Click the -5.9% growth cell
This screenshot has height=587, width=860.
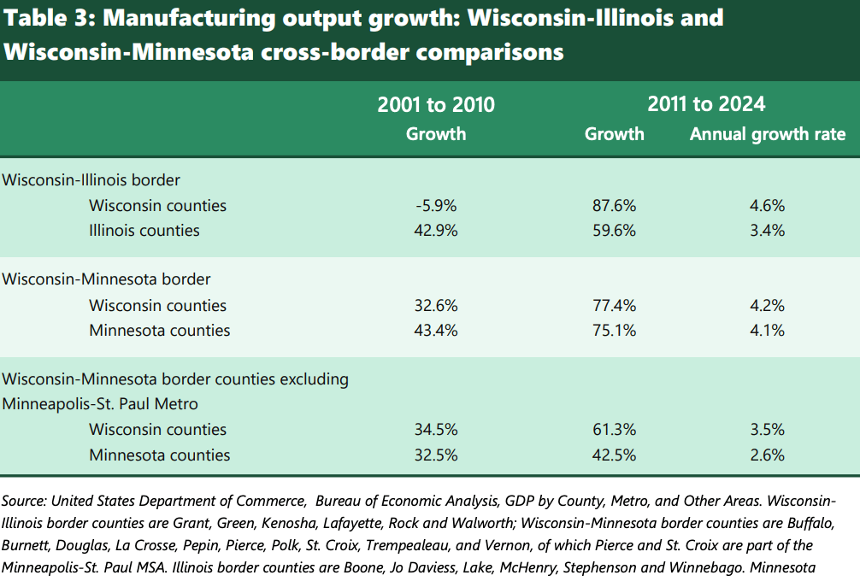tap(436, 206)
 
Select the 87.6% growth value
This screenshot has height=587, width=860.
tap(614, 206)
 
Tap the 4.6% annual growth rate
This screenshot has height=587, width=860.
tap(767, 206)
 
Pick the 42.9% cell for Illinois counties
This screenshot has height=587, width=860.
tap(436, 231)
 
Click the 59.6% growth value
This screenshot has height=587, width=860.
tap(614, 231)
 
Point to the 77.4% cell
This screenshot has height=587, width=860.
tap(614, 306)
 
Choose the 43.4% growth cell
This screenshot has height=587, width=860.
tap(436, 331)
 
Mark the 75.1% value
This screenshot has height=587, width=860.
tap(614, 331)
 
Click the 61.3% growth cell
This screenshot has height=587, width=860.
tap(614, 430)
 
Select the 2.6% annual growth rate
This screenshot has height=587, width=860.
tap(767, 455)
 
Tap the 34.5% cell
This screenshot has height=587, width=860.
tap(436, 430)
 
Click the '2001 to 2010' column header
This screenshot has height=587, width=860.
tap(436, 105)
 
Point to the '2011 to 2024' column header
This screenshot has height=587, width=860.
tap(706, 104)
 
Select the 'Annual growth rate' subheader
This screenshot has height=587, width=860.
tap(767, 134)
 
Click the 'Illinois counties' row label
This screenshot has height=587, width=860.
tap(144, 231)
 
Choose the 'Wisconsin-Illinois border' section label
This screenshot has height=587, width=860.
tap(91, 180)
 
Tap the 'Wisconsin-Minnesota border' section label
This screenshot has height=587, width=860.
tap(107, 279)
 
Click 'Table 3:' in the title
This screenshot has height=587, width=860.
tap(43, 18)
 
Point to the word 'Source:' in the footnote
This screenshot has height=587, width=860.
tap(27, 502)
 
